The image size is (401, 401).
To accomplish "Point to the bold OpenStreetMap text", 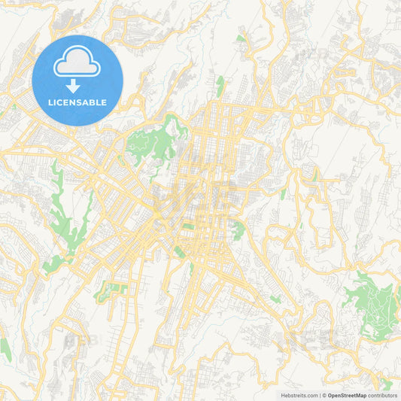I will click(347, 395).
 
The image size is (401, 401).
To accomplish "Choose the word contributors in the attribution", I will click(383, 395).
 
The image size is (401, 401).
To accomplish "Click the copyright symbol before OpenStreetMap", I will click(324, 395).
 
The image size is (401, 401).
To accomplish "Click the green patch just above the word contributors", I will click(387, 384).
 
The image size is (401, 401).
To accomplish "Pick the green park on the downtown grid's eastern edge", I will click(238, 229).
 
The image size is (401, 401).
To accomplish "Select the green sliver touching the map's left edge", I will click(5, 348).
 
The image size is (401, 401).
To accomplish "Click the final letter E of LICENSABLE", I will click(104, 102).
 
